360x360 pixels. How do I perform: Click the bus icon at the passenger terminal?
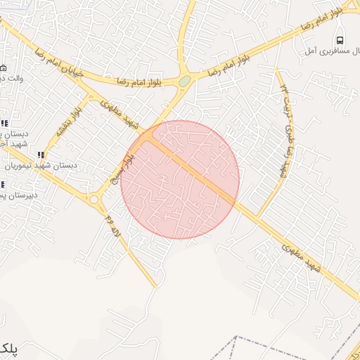(340, 39)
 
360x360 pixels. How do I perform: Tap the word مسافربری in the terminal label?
(330, 51)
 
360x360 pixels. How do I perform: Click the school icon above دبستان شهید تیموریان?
(41, 155)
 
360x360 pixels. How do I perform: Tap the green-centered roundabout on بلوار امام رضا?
(184, 81)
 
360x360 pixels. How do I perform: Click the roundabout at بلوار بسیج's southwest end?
(94, 199)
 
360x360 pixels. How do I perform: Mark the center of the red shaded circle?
(180, 180)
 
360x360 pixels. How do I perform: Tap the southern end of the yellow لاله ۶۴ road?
(155, 286)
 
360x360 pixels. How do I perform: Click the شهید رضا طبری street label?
(285, 148)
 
